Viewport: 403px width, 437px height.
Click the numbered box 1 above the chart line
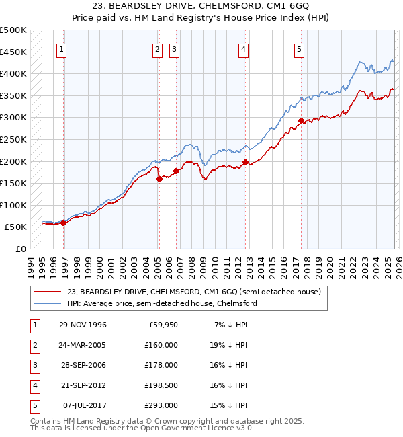pyautogui.click(x=61, y=48)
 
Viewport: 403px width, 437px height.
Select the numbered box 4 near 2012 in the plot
pyautogui.click(x=243, y=48)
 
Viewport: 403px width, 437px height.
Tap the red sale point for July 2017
pyautogui.click(x=301, y=121)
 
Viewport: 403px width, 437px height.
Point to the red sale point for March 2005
pyautogui.click(x=159, y=179)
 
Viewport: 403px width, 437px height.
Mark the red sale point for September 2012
pyautogui.click(x=246, y=162)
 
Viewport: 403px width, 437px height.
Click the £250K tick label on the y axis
pyautogui.click(x=13, y=139)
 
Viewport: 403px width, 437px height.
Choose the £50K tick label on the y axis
pyautogui.click(x=15, y=227)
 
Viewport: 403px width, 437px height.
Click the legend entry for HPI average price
pyautogui.click(x=162, y=304)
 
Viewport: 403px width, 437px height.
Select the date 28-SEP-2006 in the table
pyautogui.click(x=83, y=365)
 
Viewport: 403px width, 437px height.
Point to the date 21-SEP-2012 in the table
pyautogui.click(x=83, y=385)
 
